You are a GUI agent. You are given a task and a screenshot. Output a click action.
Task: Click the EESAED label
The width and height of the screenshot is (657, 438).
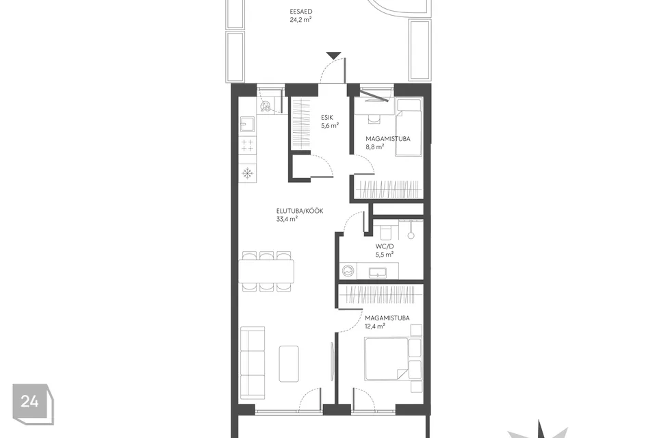tap(301, 12)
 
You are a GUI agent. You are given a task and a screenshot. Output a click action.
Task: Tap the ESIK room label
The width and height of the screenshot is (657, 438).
tap(327, 118)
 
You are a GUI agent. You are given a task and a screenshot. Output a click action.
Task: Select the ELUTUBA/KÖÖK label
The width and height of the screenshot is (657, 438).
tap(300, 211)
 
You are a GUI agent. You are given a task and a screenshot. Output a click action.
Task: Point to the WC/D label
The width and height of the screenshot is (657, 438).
tap(384, 246)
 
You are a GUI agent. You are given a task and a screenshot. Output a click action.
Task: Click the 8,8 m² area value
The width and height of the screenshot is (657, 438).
tap(374, 146)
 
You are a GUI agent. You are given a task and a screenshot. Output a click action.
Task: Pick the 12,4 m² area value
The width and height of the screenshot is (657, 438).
tap(375, 326)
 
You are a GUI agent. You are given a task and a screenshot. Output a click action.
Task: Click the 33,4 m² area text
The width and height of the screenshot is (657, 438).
tap(287, 219)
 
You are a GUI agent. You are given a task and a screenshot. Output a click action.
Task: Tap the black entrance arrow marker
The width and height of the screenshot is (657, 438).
tap(333, 55)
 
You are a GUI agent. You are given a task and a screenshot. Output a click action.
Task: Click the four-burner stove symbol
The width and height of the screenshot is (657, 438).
tap(247, 145)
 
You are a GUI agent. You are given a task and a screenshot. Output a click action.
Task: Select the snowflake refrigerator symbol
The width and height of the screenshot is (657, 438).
tap(247, 172)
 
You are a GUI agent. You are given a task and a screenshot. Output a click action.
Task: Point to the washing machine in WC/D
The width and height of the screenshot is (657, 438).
tap(348, 271)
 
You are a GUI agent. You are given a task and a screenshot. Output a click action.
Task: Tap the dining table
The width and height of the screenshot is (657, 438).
tap(266, 271)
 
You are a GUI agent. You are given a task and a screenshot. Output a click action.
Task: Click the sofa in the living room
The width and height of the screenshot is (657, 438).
tap(253, 362)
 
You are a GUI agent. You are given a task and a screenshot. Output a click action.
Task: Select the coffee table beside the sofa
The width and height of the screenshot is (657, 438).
tap(289, 364)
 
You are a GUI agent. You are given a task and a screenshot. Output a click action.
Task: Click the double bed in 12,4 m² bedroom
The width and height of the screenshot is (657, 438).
tap(387, 359)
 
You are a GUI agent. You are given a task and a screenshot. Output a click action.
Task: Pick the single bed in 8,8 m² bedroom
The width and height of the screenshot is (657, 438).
tap(409, 127)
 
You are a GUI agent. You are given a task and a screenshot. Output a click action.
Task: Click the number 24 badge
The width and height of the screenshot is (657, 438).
tap(33, 404)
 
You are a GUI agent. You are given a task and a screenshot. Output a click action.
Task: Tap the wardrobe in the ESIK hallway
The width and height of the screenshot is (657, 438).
tap(301, 123)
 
